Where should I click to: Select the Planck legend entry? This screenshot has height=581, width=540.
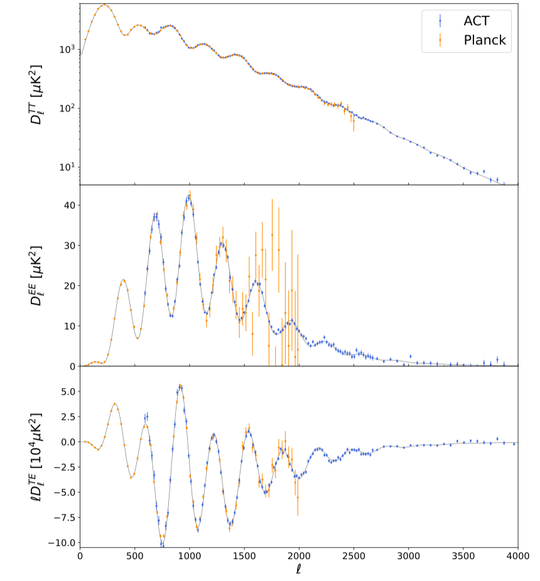(x=484, y=41)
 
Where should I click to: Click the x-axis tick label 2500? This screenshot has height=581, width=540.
(x=354, y=557)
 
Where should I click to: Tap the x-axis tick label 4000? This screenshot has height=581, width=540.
(x=517, y=557)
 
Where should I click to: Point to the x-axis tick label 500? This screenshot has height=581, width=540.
(x=134, y=557)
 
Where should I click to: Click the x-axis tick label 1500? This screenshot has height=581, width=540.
(x=244, y=557)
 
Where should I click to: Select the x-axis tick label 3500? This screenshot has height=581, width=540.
(x=463, y=557)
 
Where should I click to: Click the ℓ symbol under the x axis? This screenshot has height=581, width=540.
(x=299, y=570)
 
